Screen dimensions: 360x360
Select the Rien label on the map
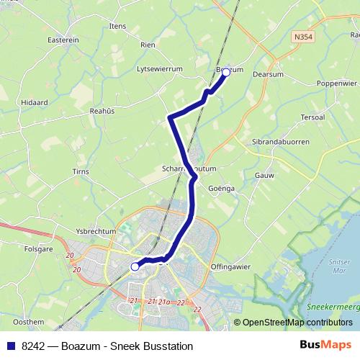tap(148, 45)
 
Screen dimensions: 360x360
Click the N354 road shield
tap(302, 35)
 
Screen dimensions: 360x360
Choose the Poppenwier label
tap(332, 84)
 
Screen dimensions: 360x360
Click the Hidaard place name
tap(35, 103)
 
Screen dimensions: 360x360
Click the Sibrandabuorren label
tap(281, 142)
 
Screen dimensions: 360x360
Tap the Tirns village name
tap(81, 171)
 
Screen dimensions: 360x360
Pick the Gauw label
tap(264, 174)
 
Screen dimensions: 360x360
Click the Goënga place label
tap(221, 188)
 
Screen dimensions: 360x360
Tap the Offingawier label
tap(230, 267)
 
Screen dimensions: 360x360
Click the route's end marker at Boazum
tap(226, 72)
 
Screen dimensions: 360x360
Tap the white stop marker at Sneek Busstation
tap(135, 266)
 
